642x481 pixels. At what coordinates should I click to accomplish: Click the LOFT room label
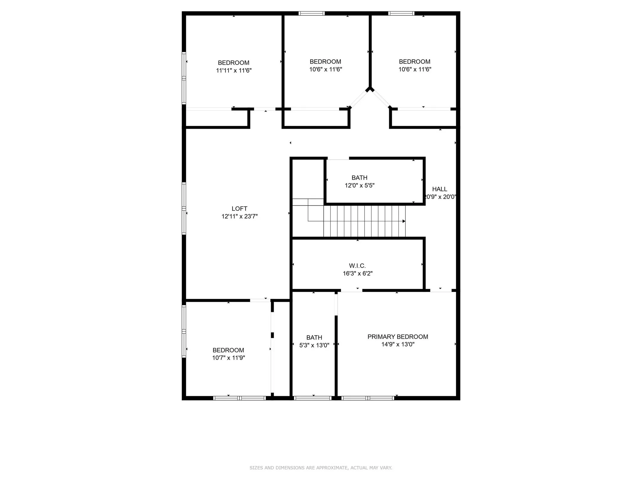pyautogui.click(x=239, y=209)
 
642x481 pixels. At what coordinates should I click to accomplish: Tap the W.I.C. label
pyautogui.click(x=357, y=266)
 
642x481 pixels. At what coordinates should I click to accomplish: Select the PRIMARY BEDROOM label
pyautogui.click(x=397, y=337)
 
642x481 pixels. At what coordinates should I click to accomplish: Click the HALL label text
pyautogui.click(x=439, y=189)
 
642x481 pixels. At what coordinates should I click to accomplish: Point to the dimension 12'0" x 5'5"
pyautogui.click(x=360, y=185)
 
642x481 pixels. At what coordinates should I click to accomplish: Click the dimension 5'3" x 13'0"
pyautogui.click(x=314, y=345)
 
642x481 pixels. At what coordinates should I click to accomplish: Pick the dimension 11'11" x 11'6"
pyautogui.click(x=234, y=70)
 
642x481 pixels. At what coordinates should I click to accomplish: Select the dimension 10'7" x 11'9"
pyautogui.click(x=228, y=358)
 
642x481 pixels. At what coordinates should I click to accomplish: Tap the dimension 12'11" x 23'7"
pyautogui.click(x=239, y=216)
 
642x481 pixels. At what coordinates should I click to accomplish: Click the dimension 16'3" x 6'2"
pyautogui.click(x=357, y=273)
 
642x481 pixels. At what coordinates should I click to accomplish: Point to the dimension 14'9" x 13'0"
pyautogui.click(x=397, y=344)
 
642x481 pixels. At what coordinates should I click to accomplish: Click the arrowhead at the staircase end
pyautogui.click(x=404, y=221)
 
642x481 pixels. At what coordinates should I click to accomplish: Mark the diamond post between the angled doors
pyautogui.click(x=370, y=89)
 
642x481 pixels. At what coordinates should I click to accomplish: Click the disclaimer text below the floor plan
pyautogui.click(x=321, y=468)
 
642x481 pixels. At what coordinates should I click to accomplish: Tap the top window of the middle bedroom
pyautogui.click(x=311, y=13)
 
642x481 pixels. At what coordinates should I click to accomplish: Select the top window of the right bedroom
pyautogui.click(x=401, y=13)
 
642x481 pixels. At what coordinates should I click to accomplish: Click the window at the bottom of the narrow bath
pyautogui.click(x=313, y=398)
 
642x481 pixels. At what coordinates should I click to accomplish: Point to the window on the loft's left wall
pyautogui.click(x=184, y=208)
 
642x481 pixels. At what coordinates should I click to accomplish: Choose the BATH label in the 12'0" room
pyautogui.click(x=359, y=178)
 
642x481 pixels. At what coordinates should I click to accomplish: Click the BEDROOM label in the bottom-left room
pyautogui.click(x=228, y=350)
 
